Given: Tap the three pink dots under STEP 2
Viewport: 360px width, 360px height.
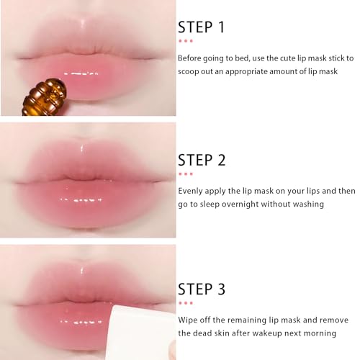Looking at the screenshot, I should coord(185,174).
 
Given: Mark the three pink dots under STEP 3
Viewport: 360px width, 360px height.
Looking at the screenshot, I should coord(185,303).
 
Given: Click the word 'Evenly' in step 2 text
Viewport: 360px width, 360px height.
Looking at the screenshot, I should coord(192,191).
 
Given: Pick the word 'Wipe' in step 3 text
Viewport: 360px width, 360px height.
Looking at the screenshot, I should coord(189,319).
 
